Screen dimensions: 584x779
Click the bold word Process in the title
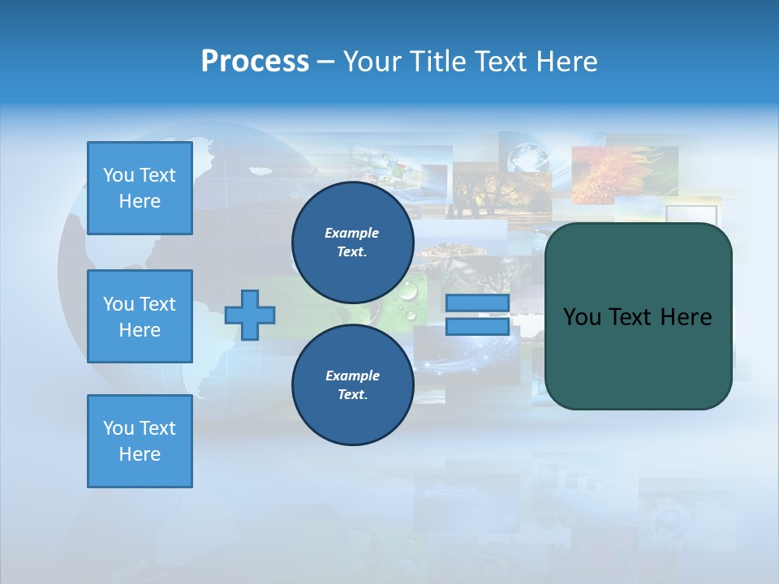point(255,61)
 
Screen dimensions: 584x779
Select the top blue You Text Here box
point(140,188)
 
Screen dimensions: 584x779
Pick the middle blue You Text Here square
point(140,316)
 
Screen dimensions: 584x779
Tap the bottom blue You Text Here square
point(140,440)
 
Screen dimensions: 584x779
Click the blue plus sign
point(250,315)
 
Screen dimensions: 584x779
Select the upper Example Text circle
point(352,242)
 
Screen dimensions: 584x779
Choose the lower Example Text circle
point(352,384)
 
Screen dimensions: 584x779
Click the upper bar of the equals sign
point(477,303)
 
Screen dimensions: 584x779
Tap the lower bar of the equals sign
point(477,326)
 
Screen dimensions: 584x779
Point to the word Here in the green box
point(686,317)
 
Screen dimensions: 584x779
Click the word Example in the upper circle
point(351,233)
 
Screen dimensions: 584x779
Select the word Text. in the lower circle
point(352,394)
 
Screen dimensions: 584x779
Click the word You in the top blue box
point(118,175)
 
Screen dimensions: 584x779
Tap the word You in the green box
point(582,317)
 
